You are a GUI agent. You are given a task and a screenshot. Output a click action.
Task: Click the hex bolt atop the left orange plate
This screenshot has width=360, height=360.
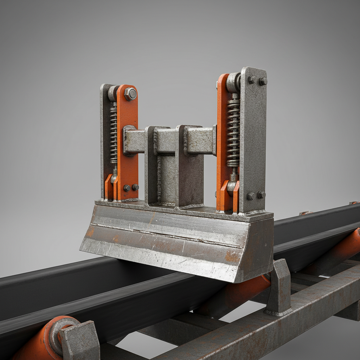130,94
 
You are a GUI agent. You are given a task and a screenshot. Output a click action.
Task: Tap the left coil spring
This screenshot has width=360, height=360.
113,135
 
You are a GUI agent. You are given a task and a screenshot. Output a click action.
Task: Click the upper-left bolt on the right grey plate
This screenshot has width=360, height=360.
252,80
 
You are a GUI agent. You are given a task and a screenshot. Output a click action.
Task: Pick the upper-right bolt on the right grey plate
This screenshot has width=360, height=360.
263,81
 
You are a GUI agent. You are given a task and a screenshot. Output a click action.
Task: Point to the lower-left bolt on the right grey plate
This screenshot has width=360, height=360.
251,196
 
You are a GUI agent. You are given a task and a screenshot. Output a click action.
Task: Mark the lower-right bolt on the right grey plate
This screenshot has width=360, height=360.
261,194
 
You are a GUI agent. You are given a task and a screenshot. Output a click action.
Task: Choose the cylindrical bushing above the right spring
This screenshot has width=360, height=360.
233,83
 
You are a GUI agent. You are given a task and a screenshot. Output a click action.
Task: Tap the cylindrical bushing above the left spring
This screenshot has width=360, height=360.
113,94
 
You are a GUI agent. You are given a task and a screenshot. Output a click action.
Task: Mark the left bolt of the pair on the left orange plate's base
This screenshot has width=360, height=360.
127,188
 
